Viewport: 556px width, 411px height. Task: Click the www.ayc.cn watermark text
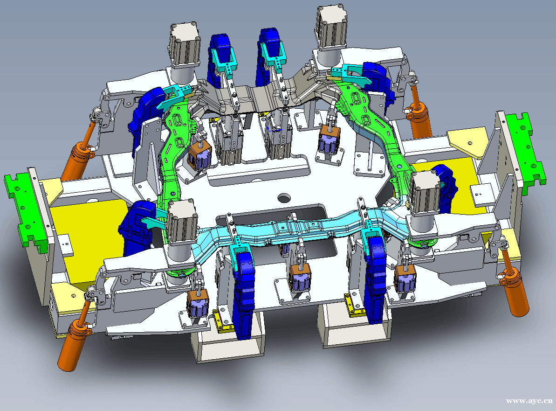[x=529, y=401]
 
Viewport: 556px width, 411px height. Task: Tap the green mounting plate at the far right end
[x=526, y=148]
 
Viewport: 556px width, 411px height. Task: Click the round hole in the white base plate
[x=284, y=197]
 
